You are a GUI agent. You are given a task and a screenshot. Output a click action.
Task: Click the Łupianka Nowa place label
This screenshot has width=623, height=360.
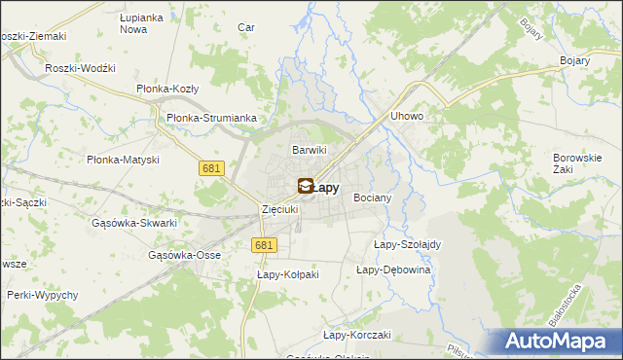[x=139, y=24]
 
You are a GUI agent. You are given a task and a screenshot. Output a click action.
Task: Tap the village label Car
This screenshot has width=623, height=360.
[x=246, y=27]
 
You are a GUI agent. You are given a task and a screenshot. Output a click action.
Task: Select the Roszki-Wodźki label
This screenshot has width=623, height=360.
[x=81, y=68]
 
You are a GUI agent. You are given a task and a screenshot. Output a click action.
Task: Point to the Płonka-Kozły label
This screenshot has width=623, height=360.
[x=166, y=89]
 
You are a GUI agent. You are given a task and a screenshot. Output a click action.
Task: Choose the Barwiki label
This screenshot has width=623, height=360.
[x=310, y=150]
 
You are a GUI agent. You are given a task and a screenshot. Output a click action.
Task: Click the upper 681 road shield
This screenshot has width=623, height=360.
[x=214, y=168]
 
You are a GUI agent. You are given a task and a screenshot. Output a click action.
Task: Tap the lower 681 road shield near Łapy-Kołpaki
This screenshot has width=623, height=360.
[x=262, y=246]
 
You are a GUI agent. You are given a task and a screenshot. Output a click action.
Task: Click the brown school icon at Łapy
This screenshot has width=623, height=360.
[x=305, y=186]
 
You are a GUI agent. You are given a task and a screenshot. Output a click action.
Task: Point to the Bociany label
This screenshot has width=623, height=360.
[x=372, y=198]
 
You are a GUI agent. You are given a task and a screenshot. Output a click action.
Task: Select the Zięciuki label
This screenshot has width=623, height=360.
[x=281, y=209]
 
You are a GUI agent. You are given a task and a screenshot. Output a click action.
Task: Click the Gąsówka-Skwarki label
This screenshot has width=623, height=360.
[x=133, y=223]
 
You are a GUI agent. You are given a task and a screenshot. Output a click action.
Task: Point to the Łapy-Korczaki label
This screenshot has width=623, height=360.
[x=356, y=335]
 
